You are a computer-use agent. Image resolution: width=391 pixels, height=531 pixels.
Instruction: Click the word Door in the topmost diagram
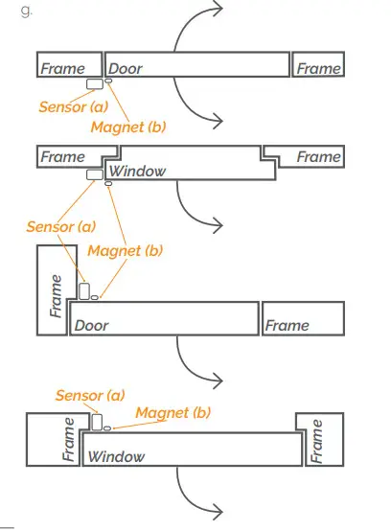[x=126, y=69]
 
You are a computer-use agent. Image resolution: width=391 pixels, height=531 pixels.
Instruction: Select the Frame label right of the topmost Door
[x=319, y=69]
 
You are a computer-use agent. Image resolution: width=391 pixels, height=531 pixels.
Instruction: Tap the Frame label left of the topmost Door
[x=62, y=69]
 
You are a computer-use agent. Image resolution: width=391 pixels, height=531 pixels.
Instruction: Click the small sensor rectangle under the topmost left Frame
[x=95, y=84]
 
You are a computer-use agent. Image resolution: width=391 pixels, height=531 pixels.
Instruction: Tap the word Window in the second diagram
[x=137, y=172]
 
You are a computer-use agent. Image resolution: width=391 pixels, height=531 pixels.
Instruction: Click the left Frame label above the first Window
[x=62, y=156]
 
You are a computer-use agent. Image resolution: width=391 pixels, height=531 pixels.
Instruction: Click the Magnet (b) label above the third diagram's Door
[x=126, y=250]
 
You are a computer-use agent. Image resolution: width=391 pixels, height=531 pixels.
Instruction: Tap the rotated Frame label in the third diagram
[x=56, y=295]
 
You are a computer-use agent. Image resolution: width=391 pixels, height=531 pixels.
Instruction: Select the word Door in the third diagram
[x=92, y=326]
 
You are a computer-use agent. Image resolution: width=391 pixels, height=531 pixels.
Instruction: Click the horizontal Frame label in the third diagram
[x=287, y=326]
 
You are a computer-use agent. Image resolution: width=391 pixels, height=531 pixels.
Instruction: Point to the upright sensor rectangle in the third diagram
[x=84, y=290]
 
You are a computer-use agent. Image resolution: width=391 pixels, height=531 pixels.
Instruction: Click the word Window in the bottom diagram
[x=116, y=457]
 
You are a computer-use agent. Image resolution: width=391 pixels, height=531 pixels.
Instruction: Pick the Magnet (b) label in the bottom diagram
[x=173, y=412]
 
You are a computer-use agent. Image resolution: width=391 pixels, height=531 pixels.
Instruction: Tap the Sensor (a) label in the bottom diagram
[x=90, y=395]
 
